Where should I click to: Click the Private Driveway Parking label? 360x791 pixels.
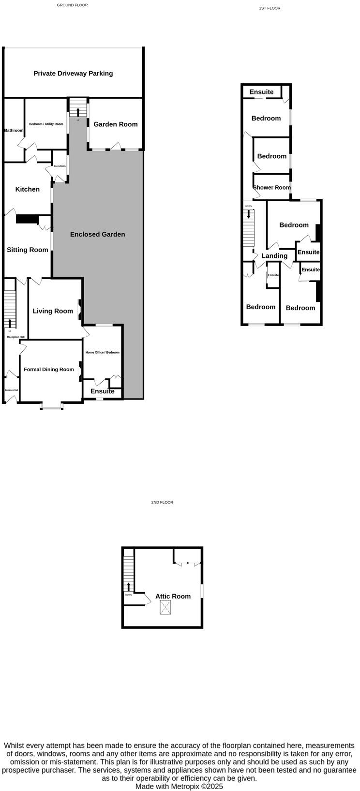point(73,74)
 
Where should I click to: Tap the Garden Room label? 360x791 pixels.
point(116,124)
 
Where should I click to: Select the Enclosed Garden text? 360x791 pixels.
point(98,234)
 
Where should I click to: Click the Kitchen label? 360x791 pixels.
point(28,189)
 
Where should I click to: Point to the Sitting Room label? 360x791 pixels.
point(28,250)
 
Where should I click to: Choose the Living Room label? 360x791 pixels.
point(53,311)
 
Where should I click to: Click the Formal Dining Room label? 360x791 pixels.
point(49,370)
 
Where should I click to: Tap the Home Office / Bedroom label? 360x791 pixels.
point(103,352)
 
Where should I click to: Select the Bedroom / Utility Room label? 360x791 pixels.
point(46,124)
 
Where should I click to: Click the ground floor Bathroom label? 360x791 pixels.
point(14,131)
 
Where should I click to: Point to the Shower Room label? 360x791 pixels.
point(272,188)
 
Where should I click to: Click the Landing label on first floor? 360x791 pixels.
point(274,256)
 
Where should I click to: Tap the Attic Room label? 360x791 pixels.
point(173,597)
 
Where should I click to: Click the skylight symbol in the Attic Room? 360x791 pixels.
point(165,608)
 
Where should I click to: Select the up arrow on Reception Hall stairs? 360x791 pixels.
point(10,322)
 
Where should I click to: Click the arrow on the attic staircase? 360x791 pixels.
point(129,587)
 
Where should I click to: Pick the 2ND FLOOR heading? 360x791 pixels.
point(162,503)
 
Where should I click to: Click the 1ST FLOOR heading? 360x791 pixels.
point(270,8)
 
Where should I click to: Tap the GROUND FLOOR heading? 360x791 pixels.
point(73,5)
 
